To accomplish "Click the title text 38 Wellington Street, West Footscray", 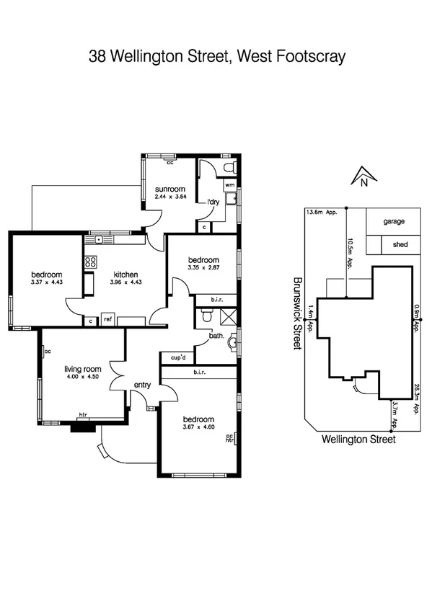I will click(216, 55).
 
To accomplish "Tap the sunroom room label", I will click(170, 189).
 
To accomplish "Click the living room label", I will click(82, 369).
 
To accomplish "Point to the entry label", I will click(141, 385).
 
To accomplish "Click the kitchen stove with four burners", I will click(91, 262).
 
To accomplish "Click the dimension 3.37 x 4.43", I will click(46, 282).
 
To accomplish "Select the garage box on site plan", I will click(394, 222).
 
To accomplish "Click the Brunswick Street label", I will click(296, 315).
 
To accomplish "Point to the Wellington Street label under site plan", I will click(358, 438).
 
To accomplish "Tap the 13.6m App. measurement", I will click(322, 213).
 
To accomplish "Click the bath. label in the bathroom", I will click(216, 336).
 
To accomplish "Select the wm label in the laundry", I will click(229, 185).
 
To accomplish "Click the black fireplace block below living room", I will click(82, 427).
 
